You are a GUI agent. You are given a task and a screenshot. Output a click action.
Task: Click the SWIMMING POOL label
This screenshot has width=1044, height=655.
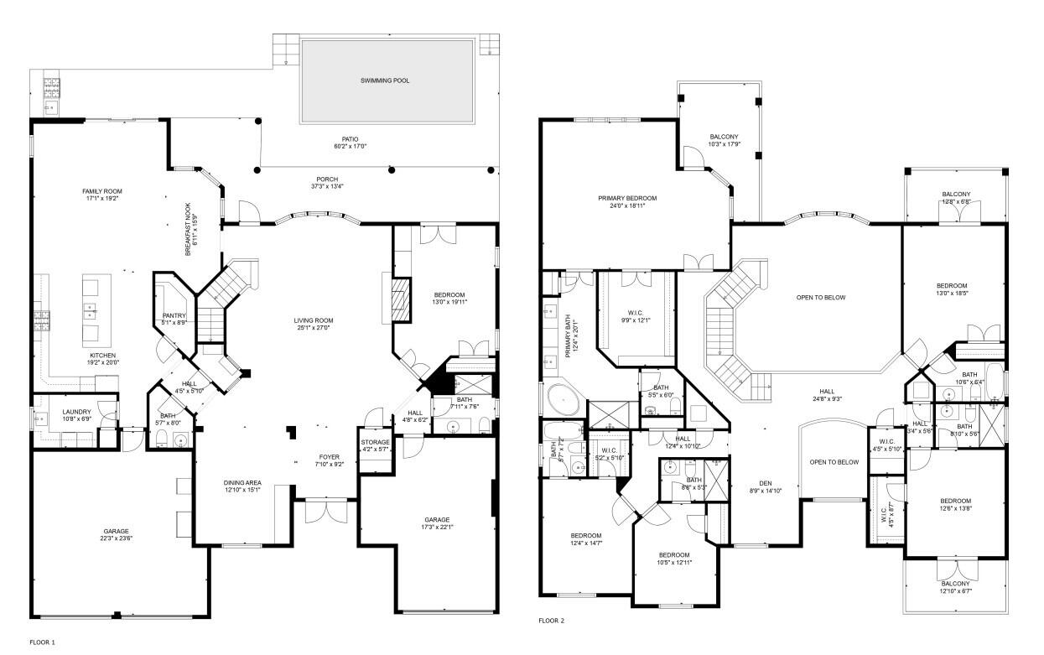point(387,81)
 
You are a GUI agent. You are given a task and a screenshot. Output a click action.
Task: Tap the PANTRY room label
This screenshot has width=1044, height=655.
point(174,316)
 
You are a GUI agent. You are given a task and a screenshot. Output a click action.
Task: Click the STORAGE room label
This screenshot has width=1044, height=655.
point(375,442)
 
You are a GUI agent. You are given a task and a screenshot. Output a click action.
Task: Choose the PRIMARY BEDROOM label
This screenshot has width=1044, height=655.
point(627,198)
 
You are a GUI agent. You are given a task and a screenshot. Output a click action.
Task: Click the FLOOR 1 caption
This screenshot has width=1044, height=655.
point(42,642)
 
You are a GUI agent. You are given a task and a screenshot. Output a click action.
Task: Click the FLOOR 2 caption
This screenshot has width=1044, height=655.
point(551,621)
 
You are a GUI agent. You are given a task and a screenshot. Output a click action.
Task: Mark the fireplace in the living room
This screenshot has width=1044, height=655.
point(402,299)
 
